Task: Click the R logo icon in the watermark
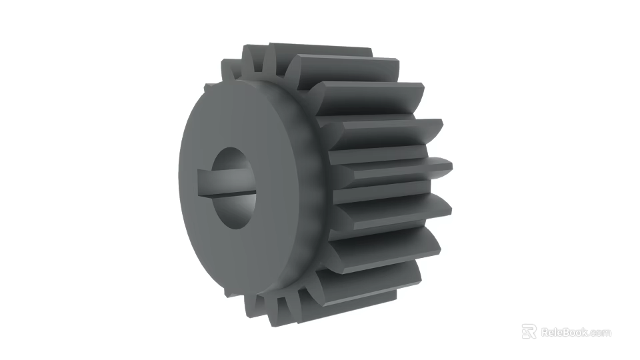coord(529,331)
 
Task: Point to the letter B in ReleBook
coord(566,332)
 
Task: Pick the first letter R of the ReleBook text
coord(545,332)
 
